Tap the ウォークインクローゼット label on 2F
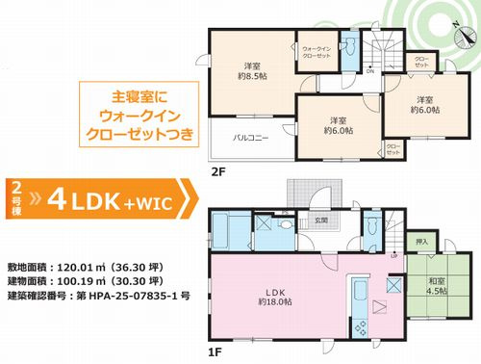coord(316,53)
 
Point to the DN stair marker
coord(370,70)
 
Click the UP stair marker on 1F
coord(393,254)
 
